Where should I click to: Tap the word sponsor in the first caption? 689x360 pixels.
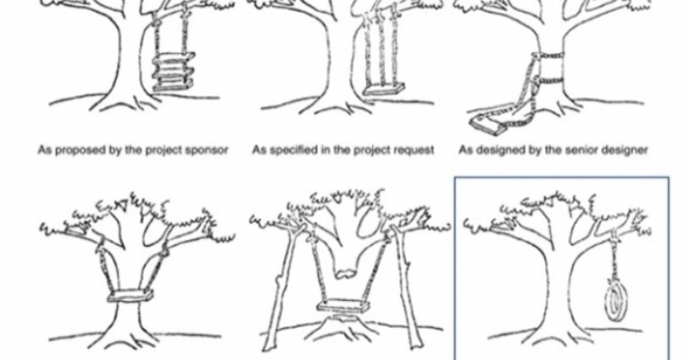click(x=208, y=150)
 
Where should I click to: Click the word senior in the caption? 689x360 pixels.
click(x=579, y=150)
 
